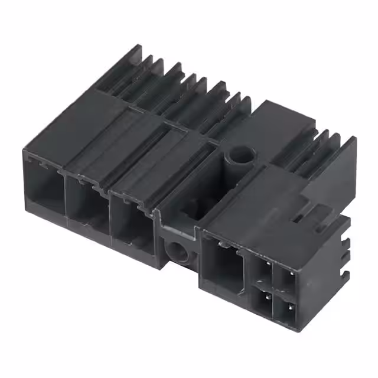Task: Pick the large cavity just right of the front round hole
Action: pos(222,263)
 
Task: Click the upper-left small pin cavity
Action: pos(262,269)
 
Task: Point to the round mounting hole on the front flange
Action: pos(177,251)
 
